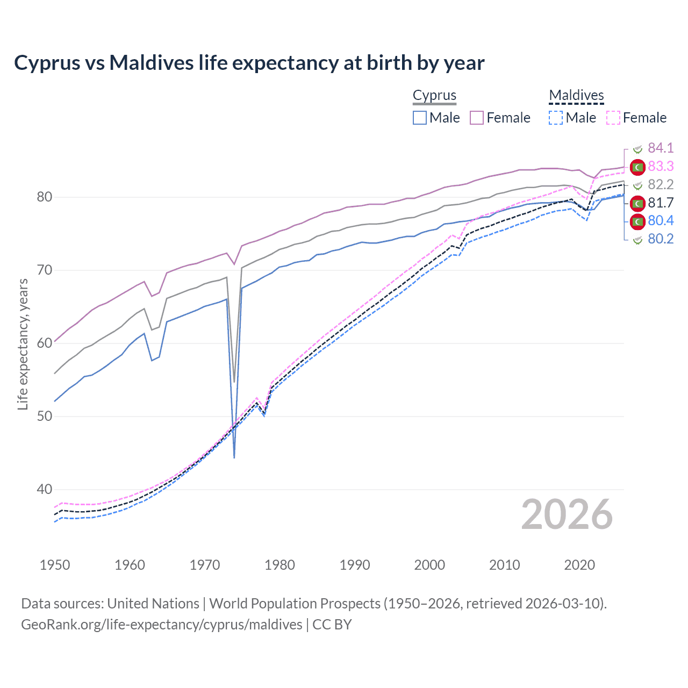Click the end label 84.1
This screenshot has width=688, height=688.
pos(661,148)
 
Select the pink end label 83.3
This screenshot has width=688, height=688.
pos(661,167)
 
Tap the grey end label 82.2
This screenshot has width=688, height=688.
pos(661,185)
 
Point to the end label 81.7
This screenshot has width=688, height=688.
pos(661,203)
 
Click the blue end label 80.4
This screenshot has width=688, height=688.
pos(661,221)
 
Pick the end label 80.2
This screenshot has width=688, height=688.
pos(661,239)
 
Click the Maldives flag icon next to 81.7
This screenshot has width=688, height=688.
pos(637,203)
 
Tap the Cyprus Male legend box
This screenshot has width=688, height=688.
pos(420,118)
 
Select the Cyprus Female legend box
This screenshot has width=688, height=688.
pos(477,118)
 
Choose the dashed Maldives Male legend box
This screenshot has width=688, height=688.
pos(556,118)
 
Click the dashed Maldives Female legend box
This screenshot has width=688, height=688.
pos(613,118)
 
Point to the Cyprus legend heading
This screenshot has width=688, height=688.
pos(434,95)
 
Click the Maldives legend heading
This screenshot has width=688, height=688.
pos(576,95)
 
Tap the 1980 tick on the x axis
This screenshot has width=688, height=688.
pos(279,565)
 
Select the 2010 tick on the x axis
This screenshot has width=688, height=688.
pos(504,565)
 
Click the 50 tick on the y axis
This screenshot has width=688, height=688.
pos(45,417)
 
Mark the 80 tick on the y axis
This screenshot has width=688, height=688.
pos(45,197)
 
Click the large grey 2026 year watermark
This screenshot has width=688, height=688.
pos(567,514)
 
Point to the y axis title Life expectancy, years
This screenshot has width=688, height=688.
pos(23,344)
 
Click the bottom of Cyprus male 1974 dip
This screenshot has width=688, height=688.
pos(234,457)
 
